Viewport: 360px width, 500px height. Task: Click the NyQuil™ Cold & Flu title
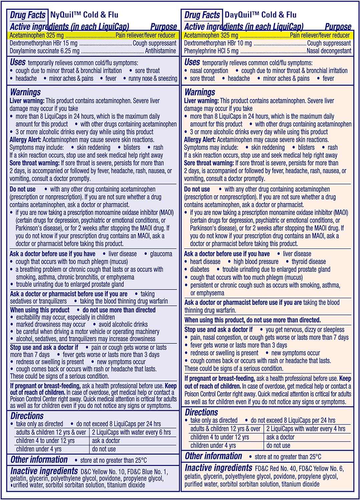pyautogui.click(x=84, y=15)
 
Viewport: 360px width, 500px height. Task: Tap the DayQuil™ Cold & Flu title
pyautogui.click(x=260, y=15)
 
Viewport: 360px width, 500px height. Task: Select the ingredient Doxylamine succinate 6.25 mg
pyautogui.click(x=44, y=51)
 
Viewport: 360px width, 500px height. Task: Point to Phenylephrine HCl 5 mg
pyautogui.click(x=211, y=51)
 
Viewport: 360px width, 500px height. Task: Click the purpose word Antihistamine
pyautogui.click(x=160, y=51)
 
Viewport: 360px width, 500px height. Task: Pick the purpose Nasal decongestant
pyautogui.click(x=329, y=51)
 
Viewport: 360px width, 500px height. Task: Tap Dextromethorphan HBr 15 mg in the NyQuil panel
pyautogui.click(x=43, y=43)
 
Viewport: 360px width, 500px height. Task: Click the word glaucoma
pyautogui.click(x=161, y=254)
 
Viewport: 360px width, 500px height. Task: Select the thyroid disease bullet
pyautogui.click(x=309, y=262)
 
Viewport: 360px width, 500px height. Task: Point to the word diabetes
pyautogui.click(x=200, y=269)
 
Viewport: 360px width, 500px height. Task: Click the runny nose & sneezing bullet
pyautogui.click(x=153, y=79)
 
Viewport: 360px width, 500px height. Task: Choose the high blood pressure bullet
pyautogui.click(x=256, y=262)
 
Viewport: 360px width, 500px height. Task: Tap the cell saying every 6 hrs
pyautogui.click(x=131, y=432)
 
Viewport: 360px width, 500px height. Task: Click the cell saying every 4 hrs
pyautogui.click(x=305, y=429)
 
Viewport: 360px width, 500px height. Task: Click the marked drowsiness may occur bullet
pyautogui.click(x=51, y=324)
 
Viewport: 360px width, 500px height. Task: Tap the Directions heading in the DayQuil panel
pyautogui.click(x=201, y=412)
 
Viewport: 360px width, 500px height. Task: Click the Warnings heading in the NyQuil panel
pyautogui.click(x=25, y=92)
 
